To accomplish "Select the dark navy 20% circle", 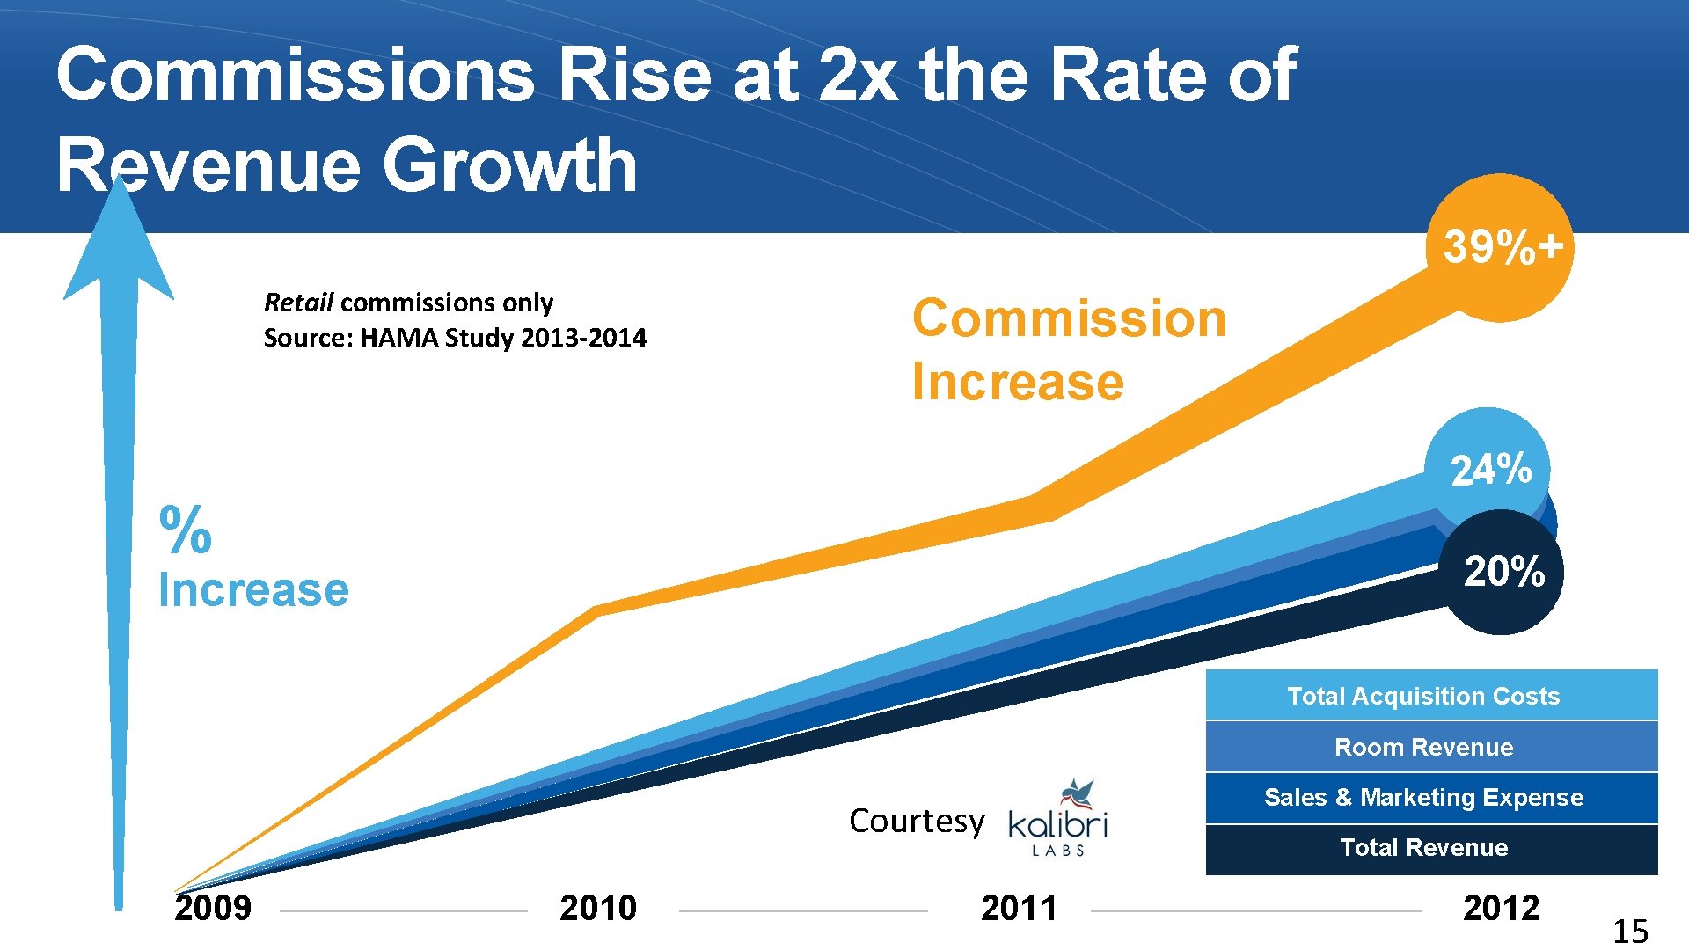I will click(1503, 572).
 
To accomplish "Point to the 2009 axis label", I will click(213, 908).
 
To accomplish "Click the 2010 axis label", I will click(597, 908).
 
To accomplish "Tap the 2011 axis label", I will click(1019, 908).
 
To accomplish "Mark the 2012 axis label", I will click(1501, 908).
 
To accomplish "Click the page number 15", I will click(1629, 931).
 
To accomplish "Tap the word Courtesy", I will click(916, 821).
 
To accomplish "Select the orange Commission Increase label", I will click(1068, 349).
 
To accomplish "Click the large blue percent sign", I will click(186, 530).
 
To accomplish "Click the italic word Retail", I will click(298, 303).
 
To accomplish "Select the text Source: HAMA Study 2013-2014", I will click(455, 338).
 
